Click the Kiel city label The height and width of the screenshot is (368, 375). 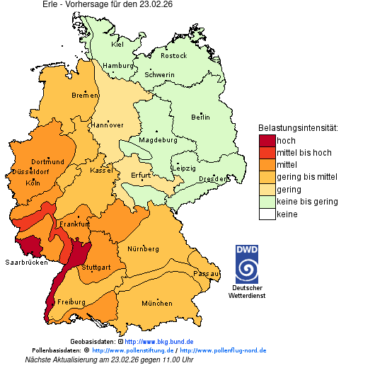click(117, 45)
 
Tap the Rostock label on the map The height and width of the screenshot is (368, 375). click(173, 56)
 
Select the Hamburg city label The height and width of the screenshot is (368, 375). click(118, 66)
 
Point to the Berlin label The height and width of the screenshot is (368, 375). click(200, 117)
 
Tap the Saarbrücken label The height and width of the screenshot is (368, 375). click(26, 262)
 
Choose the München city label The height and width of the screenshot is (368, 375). click(157, 304)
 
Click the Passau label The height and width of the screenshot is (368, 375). click(206, 273)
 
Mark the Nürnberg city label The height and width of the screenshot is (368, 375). click(144, 249)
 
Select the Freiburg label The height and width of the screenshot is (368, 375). click(71, 302)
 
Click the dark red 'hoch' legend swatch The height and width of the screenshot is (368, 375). click(267, 141)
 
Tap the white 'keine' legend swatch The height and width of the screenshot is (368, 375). click(267, 214)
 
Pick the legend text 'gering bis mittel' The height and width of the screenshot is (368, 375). click(307, 178)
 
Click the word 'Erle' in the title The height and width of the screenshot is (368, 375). click(53, 4)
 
